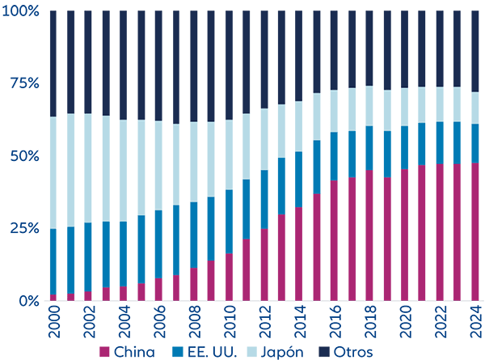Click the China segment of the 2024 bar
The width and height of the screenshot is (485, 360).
coord(475,232)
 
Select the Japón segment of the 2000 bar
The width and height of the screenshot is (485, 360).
coord(53,173)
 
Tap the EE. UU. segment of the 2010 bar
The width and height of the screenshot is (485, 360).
coord(229,222)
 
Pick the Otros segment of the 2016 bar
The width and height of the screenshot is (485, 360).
coord(334,50)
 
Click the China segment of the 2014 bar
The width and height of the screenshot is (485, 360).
coord(298,254)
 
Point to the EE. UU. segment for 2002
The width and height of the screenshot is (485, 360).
coord(88,257)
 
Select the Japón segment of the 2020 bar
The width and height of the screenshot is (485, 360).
coord(404,107)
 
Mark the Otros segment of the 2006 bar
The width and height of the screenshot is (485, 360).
coord(158,66)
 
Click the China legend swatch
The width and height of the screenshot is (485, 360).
coord(104,352)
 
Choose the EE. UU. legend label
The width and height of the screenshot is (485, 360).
coord(212,352)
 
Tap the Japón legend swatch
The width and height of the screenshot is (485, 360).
coord(251,352)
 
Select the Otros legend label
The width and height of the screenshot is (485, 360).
coord(353,352)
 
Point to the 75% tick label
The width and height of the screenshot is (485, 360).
coord(25,83)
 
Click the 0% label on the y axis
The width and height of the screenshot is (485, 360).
coord(29,301)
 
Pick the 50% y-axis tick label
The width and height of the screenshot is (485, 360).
coord(25,156)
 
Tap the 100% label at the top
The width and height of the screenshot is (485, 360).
coord(20,11)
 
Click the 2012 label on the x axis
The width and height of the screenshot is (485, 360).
coord(265,322)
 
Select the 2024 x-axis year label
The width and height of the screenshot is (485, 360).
coord(476,322)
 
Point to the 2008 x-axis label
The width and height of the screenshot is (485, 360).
coord(195,322)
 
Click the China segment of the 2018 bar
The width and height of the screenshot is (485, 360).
coord(369,235)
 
